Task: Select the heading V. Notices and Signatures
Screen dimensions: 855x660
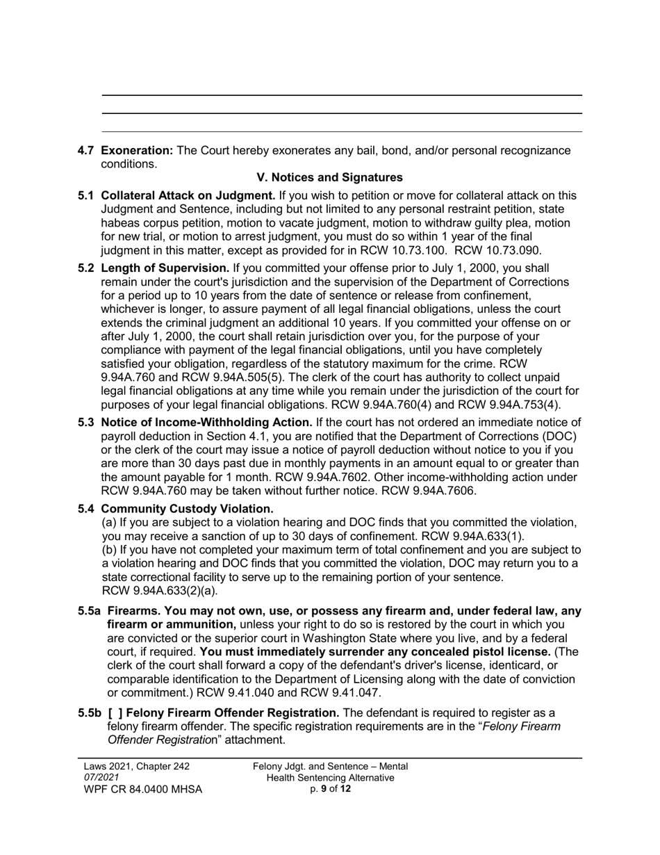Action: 330,178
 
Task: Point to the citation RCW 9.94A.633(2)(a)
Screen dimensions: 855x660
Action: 160,591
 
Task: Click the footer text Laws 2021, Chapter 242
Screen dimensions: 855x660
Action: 136,767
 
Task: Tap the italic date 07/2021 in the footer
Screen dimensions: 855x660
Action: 101,777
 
